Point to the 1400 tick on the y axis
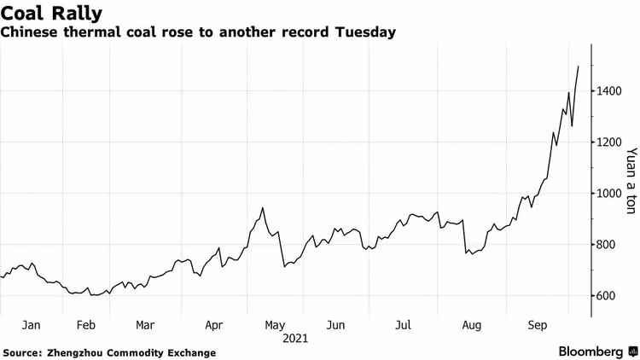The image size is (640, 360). [x=609, y=90]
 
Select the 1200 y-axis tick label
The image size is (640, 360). [x=609, y=142]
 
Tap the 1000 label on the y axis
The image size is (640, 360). [x=609, y=194]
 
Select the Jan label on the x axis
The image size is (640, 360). [x=31, y=325]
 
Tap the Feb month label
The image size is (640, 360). [x=85, y=325]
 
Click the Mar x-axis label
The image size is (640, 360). [x=145, y=325]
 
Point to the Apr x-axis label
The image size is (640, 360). [x=214, y=325]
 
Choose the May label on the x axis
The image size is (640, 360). [x=275, y=325]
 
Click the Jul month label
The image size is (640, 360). [x=404, y=325]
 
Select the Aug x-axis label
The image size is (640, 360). [x=470, y=325]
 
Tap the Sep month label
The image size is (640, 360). [x=538, y=325]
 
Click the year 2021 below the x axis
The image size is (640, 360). [x=295, y=338]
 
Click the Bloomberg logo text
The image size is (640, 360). [x=591, y=351]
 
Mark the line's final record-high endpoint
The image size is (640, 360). [x=579, y=67]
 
